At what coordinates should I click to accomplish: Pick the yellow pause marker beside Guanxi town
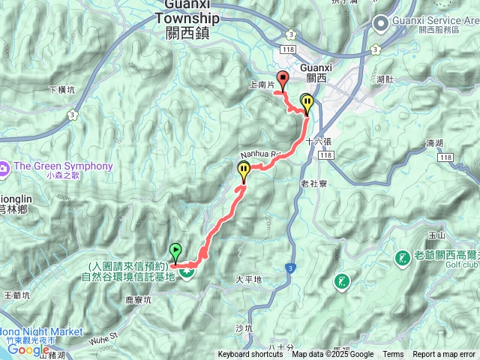click(x=307, y=103)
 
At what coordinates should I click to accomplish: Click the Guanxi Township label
click(x=192, y=19)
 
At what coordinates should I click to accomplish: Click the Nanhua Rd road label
click(x=259, y=154)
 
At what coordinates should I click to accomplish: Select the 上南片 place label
click(x=261, y=85)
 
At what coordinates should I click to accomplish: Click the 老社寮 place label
click(x=313, y=183)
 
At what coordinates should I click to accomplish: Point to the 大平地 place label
click(x=248, y=279)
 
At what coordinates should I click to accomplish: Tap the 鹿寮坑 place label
click(x=138, y=298)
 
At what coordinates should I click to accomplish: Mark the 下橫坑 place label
click(x=61, y=89)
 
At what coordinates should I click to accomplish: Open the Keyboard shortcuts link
click(x=250, y=355)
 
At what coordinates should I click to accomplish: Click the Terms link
click(x=393, y=355)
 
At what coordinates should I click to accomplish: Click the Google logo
click(x=28, y=349)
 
